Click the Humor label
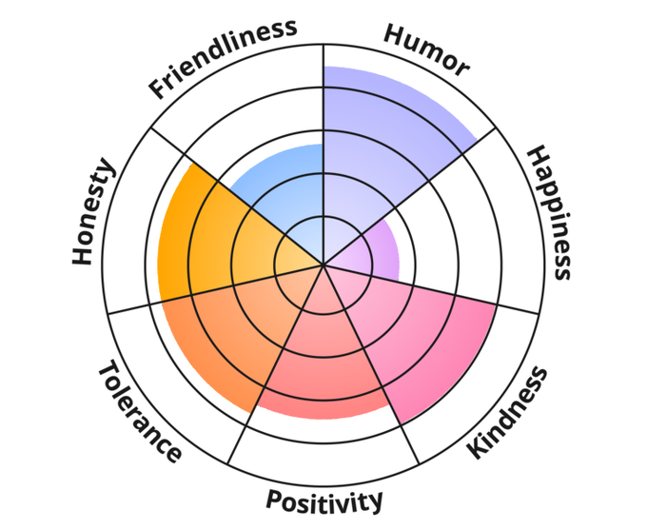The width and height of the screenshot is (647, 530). pos(425,49)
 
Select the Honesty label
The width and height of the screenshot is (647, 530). pos(94,214)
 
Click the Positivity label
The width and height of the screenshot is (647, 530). pos(324,501)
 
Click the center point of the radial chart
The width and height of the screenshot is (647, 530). pos(323,265)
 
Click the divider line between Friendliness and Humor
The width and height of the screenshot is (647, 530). pos(323,95)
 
